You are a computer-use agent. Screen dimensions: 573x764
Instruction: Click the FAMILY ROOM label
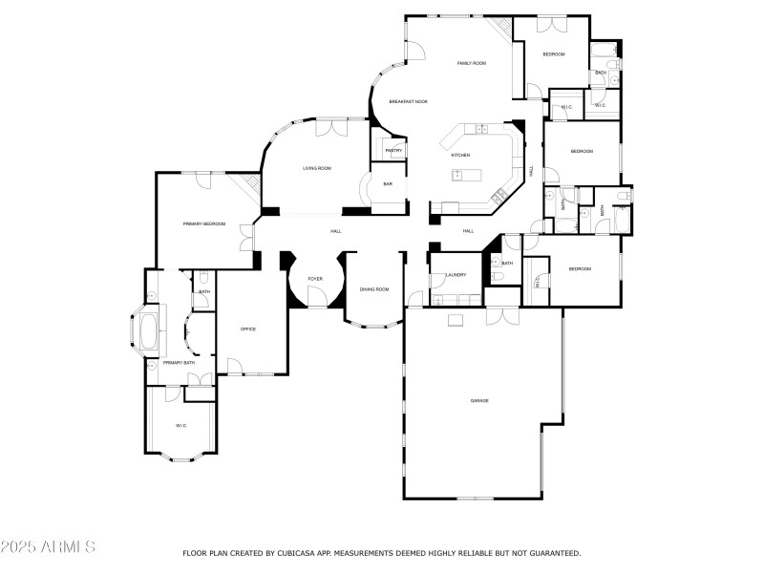tap(472, 63)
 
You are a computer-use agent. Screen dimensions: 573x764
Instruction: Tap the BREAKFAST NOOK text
tap(408, 101)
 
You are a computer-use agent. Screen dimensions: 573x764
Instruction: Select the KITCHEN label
tap(460, 155)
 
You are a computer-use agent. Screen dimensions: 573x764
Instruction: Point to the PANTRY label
tap(393, 151)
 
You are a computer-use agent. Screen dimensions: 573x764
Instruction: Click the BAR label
tap(388, 184)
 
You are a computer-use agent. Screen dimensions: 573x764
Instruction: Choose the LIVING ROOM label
tap(317, 168)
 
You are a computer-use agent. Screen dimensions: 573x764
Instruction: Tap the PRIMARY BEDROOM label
tap(204, 223)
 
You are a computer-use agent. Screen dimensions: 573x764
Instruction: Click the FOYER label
tap(314, 279)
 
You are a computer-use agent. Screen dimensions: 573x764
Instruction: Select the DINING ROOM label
tap(374, 289)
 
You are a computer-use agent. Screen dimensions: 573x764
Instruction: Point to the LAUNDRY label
tap(456, 275)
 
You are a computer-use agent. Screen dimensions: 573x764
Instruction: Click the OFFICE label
tap(248, 329)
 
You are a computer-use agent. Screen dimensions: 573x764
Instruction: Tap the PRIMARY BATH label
tap(179, 363)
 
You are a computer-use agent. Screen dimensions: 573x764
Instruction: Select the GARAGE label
tap(479, 400)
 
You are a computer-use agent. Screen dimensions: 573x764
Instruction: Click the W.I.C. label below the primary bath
tap(180, 425)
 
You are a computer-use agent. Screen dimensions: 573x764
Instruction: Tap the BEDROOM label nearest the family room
tap(554, 54)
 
